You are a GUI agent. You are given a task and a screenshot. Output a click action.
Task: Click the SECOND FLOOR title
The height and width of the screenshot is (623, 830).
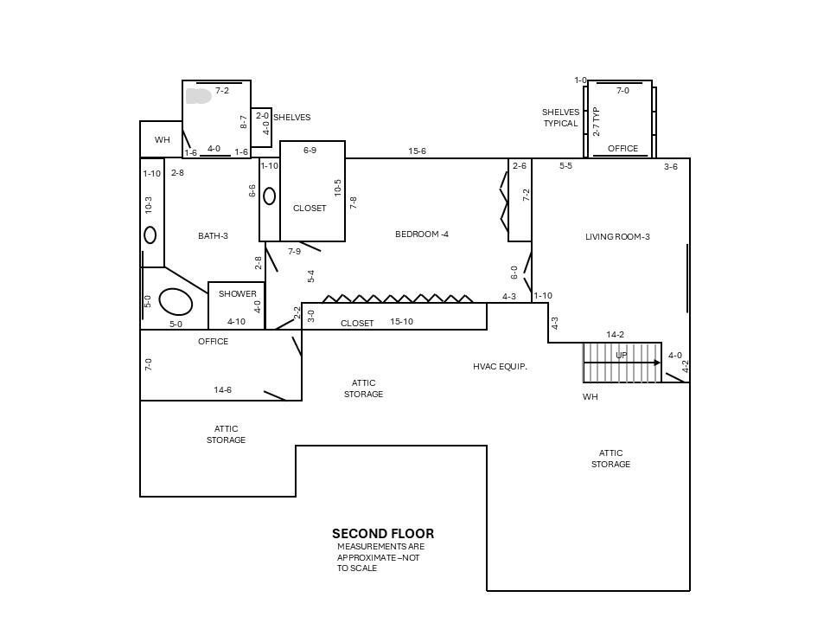tap(383, 534)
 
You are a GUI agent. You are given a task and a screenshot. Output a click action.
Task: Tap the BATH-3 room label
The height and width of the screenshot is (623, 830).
tap(213, 235)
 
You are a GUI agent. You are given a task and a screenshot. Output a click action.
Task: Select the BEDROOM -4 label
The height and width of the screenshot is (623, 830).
tap(422, 234)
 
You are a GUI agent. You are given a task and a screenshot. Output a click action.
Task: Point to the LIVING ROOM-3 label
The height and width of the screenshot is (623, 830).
tap(617, 237)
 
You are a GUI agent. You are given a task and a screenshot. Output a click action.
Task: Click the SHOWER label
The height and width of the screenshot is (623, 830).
tap(237, 293)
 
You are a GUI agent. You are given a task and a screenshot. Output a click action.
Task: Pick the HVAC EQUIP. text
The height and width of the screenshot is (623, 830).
tap(500, 367)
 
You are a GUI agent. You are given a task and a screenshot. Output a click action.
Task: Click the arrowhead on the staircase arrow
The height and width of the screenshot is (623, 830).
tap(657, 363)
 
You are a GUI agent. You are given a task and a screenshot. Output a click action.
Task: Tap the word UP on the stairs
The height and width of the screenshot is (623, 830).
tap(622, 355)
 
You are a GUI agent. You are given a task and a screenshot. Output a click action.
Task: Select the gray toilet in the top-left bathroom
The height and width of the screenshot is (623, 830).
tap(199, 96)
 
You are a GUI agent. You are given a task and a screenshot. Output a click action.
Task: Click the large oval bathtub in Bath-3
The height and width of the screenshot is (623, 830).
tap(176, 301)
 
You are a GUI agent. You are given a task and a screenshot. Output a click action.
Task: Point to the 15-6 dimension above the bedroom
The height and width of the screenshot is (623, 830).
tap(417, 151)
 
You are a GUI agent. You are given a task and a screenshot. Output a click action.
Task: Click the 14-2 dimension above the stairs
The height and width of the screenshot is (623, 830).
tap(615, 334)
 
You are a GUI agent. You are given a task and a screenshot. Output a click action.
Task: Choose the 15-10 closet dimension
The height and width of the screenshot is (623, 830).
tap(401, 322)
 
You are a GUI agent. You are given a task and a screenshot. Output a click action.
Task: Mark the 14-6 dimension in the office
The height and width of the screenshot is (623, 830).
tap(222, 390)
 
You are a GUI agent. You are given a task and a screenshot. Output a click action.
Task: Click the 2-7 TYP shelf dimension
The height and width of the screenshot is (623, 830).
tap(597, 122)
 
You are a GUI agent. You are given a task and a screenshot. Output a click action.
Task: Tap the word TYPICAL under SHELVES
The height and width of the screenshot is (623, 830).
tap(560, 124)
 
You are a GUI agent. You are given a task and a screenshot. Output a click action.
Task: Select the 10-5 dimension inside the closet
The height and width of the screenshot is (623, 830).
tap(338, 188)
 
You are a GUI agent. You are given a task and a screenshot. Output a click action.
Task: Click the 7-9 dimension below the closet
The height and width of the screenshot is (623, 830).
tap(294, 251)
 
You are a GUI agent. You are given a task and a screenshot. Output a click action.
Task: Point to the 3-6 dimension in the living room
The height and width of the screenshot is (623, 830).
tap(671, 167)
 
